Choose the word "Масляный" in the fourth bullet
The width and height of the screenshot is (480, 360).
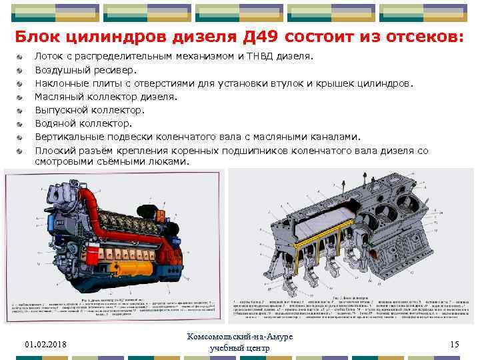point(58,97)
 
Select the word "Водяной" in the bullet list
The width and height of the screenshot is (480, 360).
point(53,123)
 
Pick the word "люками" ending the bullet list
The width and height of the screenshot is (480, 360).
point(169,161)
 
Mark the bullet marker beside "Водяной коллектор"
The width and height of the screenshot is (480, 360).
point(22,123)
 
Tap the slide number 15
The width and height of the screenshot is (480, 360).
point(455,344)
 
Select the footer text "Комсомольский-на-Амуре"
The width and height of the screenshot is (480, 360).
point(240,337)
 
